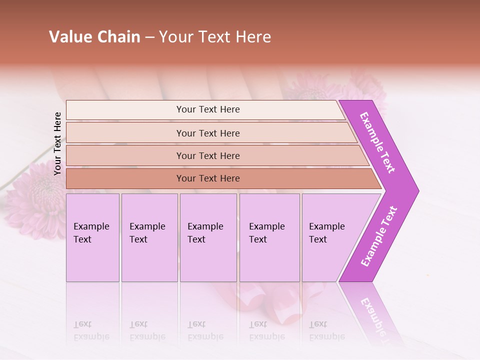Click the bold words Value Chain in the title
click(x=94, y=37)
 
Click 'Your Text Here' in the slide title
click(x=215, y=37)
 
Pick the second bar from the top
click(x=207, y=133)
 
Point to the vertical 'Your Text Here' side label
click(x=57, y=143)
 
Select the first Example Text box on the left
click(x=92, y=237)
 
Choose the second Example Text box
click(x=149, y=237)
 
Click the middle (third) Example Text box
click(x=208, y=237)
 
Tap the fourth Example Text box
click(x=269, y=237)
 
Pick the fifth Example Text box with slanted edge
click(x=330, y=237)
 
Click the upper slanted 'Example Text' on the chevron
click(x=377, y=142)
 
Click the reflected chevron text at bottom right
click(x=372, y=315)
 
